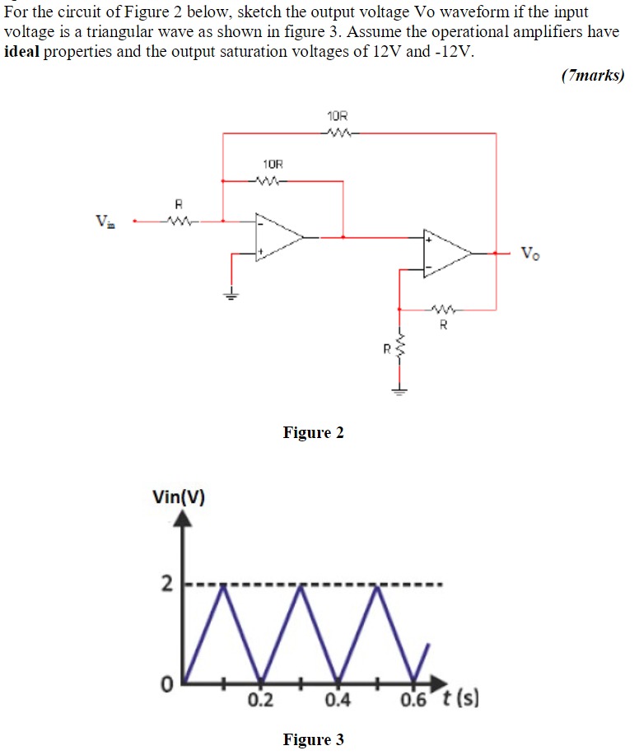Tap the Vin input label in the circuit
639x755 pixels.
[105, 221]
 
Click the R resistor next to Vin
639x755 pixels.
[176, 220]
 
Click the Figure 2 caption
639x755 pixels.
[313, 433]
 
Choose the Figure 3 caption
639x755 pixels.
[313, 739]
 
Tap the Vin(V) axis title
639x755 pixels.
[179, 496]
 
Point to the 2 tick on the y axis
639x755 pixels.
[166, 585]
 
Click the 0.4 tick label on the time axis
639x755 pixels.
[338, 701]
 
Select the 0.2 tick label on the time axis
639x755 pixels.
[261, 701]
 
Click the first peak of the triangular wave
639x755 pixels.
[223, 587]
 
